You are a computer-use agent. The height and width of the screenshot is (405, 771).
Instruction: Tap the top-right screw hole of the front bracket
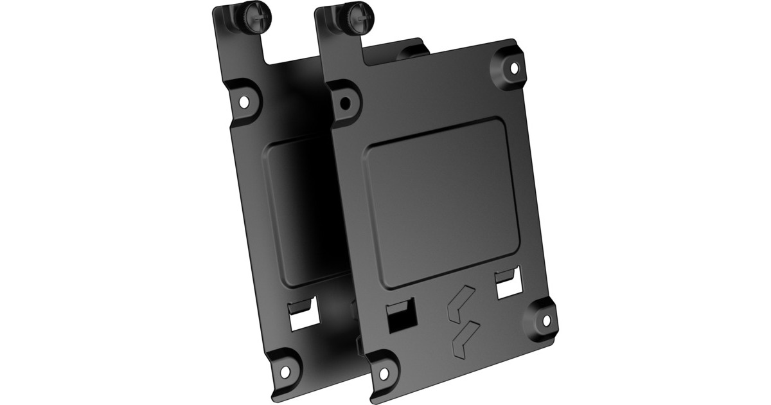pos(513,67)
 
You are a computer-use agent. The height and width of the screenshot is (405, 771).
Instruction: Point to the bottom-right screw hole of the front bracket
pos(545,319)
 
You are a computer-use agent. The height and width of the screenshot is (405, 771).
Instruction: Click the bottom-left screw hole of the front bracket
pos(384,373)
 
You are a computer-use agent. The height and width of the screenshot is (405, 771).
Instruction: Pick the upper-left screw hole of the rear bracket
pos(244,102)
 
